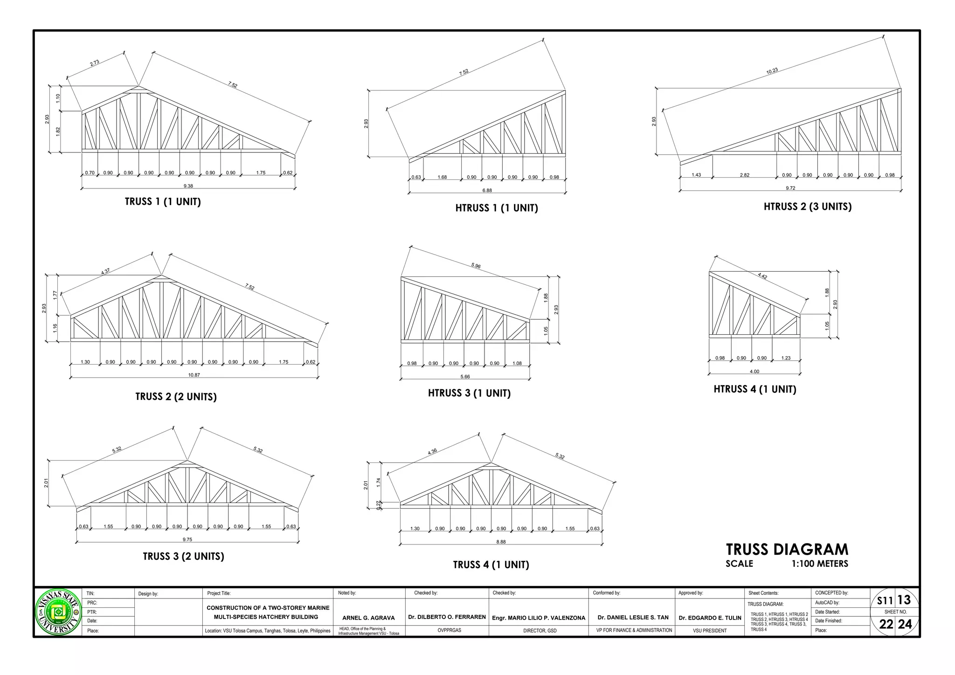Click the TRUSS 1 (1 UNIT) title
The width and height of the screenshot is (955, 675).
163,202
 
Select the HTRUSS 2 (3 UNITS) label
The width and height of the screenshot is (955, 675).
807,207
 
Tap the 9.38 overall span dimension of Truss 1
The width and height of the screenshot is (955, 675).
188,186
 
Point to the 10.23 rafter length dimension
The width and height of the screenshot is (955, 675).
772,71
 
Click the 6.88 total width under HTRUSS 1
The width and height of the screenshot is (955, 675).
487,190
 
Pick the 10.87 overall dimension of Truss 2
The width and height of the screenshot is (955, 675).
194,375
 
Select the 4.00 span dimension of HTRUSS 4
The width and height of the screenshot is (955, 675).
754,372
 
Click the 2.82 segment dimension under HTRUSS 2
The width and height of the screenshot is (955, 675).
744,175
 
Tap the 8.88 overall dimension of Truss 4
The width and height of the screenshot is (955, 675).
501,542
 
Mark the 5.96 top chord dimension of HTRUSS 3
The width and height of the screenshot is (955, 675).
476,266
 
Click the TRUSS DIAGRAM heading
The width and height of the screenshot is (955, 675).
787,550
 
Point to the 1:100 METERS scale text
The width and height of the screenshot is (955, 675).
819,564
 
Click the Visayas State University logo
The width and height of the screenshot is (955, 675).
58,612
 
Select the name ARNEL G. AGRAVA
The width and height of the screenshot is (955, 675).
368,618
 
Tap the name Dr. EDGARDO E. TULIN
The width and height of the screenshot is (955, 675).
710,618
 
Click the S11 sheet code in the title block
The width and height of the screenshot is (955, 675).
885,601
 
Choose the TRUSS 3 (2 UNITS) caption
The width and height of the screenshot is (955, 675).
183,556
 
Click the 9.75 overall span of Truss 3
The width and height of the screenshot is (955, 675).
187,539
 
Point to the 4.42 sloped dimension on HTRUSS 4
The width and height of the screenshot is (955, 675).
762,276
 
